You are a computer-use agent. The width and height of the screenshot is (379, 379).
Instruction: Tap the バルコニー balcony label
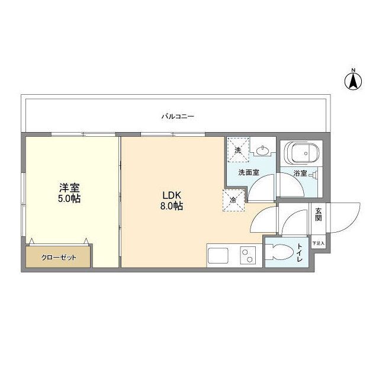point(178,116)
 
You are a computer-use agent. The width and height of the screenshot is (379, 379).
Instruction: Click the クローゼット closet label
point(57,258)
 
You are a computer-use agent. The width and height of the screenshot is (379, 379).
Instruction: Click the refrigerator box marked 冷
point(233,200)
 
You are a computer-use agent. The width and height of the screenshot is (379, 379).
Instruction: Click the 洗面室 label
point(248,173)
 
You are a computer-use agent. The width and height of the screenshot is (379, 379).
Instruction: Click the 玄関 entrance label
point(319,214)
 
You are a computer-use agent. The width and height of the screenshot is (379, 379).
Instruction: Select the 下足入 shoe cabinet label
point(319,243)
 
